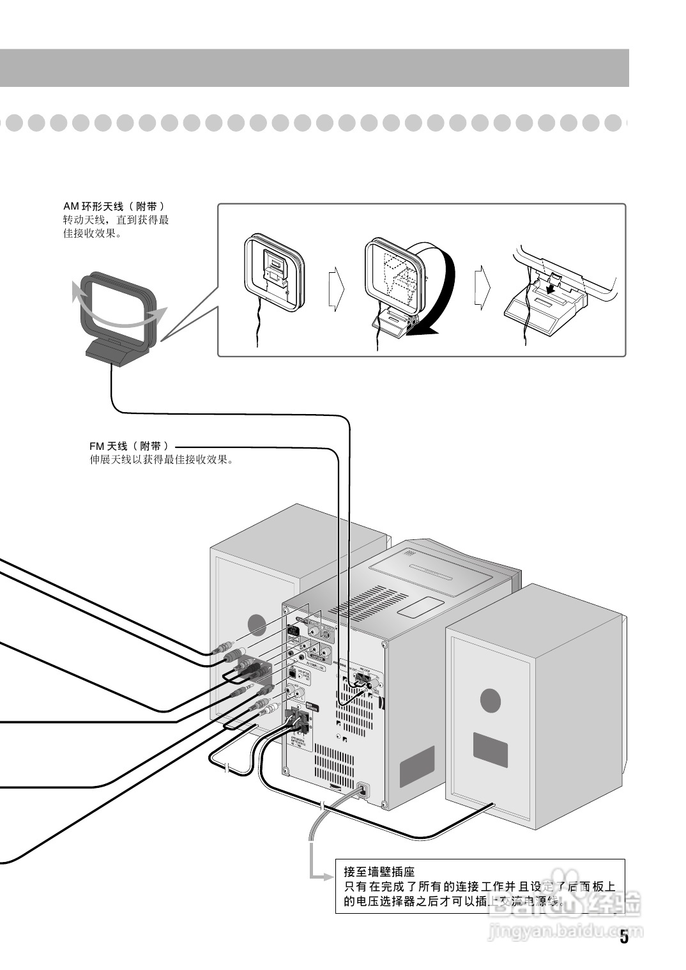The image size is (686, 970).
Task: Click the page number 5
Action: [623, 938]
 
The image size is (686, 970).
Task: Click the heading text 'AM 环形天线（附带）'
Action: [114, 206]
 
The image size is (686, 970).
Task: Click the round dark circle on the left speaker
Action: [256, 624]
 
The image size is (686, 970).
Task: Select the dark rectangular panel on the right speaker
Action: [490, 749]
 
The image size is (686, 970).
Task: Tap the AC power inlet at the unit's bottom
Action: [362, 790]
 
